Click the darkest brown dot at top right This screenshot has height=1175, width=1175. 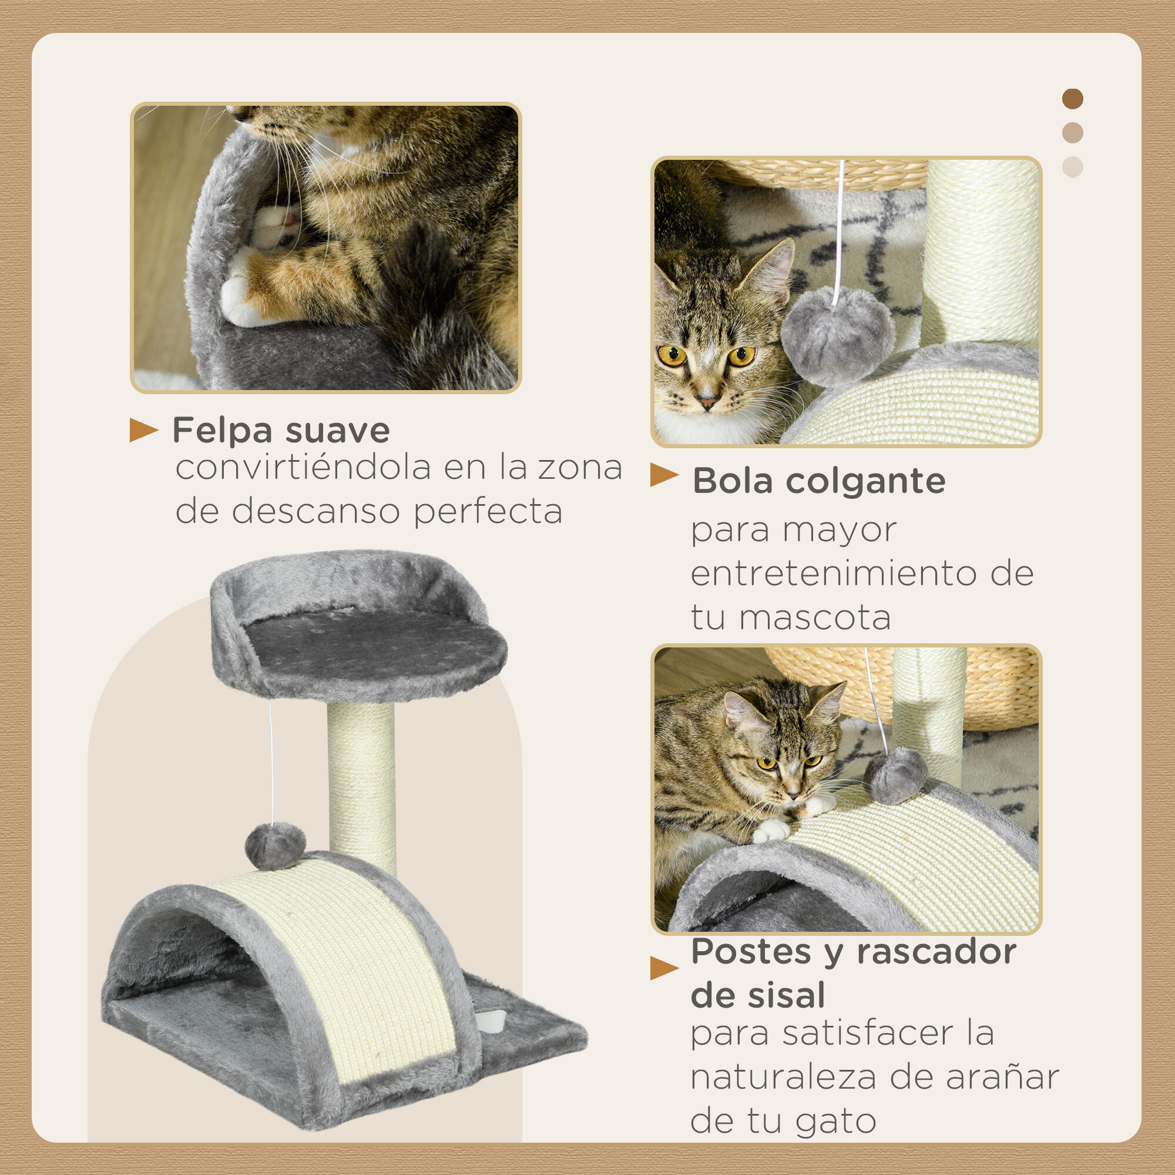1072,99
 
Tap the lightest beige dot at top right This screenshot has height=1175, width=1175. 1072,167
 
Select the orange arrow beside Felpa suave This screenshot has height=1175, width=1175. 143,430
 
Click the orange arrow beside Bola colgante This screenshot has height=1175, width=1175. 663,475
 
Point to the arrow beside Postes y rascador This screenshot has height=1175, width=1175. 663,968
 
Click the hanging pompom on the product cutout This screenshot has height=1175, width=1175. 275,845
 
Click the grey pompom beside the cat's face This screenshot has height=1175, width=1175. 837,335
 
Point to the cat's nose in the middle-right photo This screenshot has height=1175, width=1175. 707,402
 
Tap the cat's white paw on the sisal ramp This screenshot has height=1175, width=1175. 771,830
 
